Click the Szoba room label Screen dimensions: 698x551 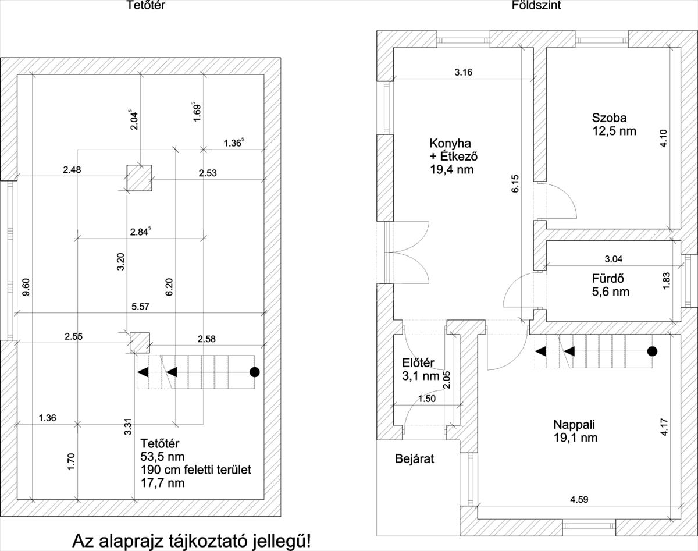(x=609, y=118)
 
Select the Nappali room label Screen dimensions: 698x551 (x=574, y=424)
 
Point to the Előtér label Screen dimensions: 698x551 (x=418, y=362)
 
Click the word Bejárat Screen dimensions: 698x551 (x=415, y=459)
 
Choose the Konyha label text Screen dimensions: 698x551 (x=450, y=143)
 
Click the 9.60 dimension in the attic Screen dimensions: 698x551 (x=26, y=287)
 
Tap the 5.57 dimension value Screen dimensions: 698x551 (x=140, y=306)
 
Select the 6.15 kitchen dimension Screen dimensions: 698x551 (x=515, y=184)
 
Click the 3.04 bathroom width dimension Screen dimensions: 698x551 (x=614, y=259)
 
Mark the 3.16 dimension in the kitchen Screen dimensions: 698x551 (x=464, y=72)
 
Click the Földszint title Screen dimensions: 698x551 (x=536, y=5)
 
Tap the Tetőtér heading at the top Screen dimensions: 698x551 (x=145, y=5)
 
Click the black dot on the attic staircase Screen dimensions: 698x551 (x=255, y=372)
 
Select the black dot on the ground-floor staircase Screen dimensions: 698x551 (x=652, y=351)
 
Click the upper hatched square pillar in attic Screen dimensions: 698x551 (x=139, y=178)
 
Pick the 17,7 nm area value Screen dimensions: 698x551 (x=162, y=483)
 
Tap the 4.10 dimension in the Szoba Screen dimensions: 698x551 (x=664, y=138)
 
